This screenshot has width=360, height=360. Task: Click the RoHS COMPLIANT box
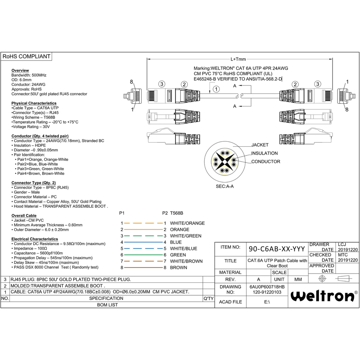[26, 57]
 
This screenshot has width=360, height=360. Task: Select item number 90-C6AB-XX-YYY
[277, 249]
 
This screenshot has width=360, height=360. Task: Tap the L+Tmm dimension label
[238, 59]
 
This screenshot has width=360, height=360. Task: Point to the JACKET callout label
[260, 145]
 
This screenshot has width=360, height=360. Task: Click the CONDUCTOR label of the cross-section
[266, 161]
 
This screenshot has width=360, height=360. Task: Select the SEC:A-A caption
[225, 186]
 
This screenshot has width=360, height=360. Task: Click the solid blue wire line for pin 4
[143, 242]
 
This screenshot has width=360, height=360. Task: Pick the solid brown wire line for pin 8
[143, 268]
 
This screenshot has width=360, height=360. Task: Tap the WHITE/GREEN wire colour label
[186, 236]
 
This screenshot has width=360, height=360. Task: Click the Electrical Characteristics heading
[35, 239]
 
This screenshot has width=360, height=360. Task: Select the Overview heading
[20, 70]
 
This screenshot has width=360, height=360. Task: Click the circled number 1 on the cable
[216, 89]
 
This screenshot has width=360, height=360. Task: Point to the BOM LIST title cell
[108, 305]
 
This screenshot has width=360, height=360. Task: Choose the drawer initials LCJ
[342, 244]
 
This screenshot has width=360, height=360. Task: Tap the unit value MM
[298, 279]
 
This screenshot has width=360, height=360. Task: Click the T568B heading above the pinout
[176, 213]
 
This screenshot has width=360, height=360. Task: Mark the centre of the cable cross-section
[225, 162]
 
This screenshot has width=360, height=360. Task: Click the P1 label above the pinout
[122, 213]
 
